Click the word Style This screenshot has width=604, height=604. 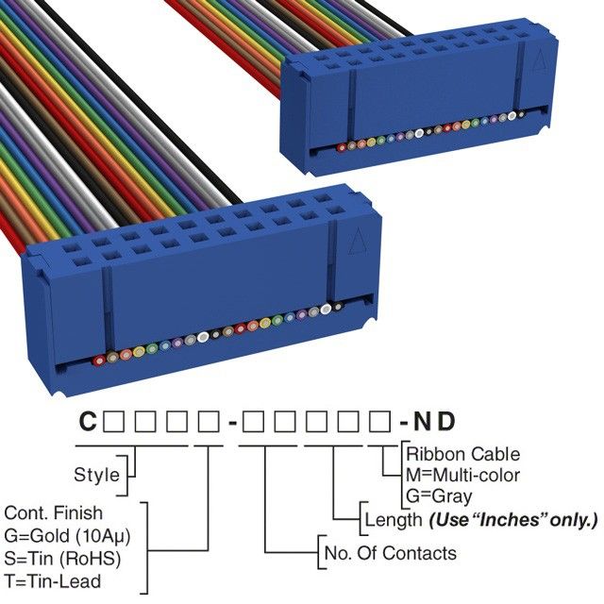coord(96,474)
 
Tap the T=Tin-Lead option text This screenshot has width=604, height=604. coord(53,580)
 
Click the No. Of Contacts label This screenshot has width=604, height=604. coord(390,553)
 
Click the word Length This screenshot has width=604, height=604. coord(393,519)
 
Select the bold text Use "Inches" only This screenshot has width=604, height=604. coord(513,519)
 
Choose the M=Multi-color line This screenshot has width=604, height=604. coord(462,474)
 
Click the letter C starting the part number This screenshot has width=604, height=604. coord(87,422)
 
